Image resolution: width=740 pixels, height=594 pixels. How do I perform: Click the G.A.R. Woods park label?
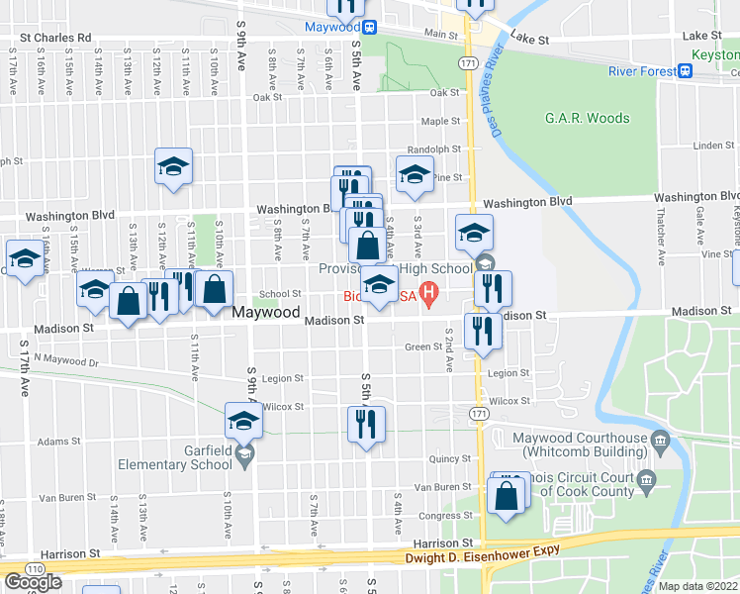point(587,118)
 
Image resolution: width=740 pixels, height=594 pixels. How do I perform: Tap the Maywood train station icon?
point(369,28)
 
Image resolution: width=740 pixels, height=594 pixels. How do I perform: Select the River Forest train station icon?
point(685,71)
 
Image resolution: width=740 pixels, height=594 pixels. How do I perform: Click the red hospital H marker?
point(428,294)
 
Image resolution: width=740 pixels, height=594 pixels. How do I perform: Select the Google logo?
point(33,582)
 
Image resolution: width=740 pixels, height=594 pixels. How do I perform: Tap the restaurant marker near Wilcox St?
point(366,424)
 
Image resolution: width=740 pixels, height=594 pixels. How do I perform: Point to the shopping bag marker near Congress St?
point(507,497)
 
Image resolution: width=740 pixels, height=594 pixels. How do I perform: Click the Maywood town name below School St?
point(266,312)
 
